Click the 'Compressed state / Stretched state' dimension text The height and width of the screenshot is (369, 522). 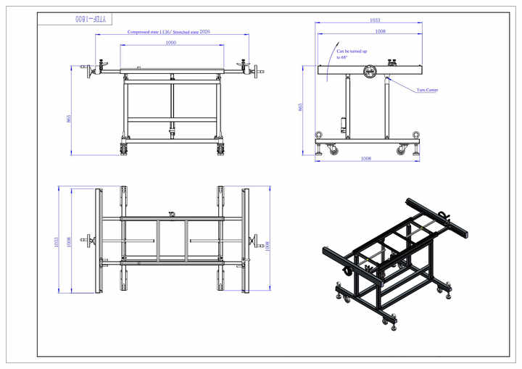[x=169, y=33]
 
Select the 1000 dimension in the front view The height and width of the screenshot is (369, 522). [x=171, y=43]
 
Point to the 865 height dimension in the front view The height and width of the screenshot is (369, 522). [x=68, y=118]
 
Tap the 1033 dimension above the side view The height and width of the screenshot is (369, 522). [x=375, y=20]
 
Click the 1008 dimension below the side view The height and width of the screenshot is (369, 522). [x=366, y=158]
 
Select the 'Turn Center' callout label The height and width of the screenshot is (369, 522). [x=427, y=91]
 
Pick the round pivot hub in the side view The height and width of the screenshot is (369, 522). [x=370, y=71]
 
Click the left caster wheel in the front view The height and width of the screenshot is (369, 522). [x=124, y=149]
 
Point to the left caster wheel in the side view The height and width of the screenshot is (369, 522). [x=333, y=150]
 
